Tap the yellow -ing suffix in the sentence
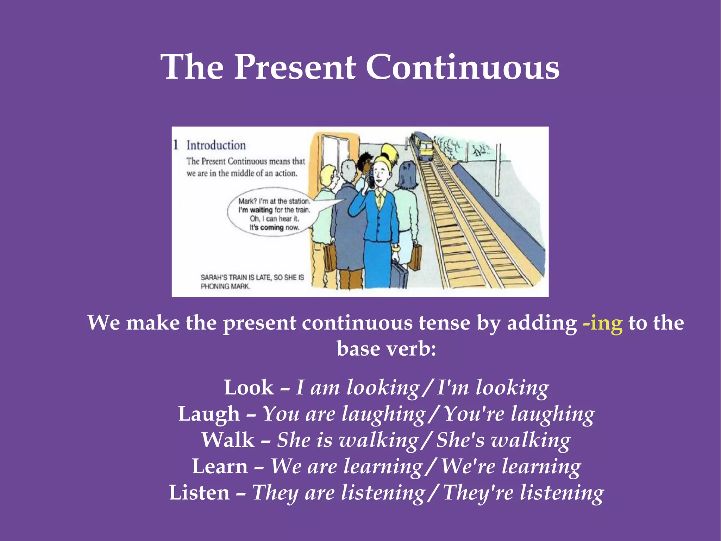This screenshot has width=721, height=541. pyautogui.click(x=602, y=323)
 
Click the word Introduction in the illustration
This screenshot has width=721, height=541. pyautogui.click(x=216, y=145)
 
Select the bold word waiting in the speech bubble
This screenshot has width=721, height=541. pyautogui.click(x=261, y=210)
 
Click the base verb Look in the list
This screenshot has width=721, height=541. pyautogui.click(x=249, y=388)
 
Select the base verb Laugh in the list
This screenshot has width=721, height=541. pyautogui.click(x=208, y=414)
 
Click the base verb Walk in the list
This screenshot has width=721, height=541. pyautogui.click(x=228, y=440)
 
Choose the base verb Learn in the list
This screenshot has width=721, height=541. pyautogui.click(x=220, y=467)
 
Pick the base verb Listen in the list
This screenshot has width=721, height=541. pyautogui.click(x=199, y=493)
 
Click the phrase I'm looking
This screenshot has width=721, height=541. pyautogui.click(x=493, y=388)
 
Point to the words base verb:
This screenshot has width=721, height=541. pyautogui.click(x=386, y=349)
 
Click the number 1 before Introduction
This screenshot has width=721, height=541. pyautogui.click(x=176, y=145)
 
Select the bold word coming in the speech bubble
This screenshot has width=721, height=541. pyautogui.click(x=272, y=228)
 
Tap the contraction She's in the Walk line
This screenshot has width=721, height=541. pyautogui.click(x=460, y=440)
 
